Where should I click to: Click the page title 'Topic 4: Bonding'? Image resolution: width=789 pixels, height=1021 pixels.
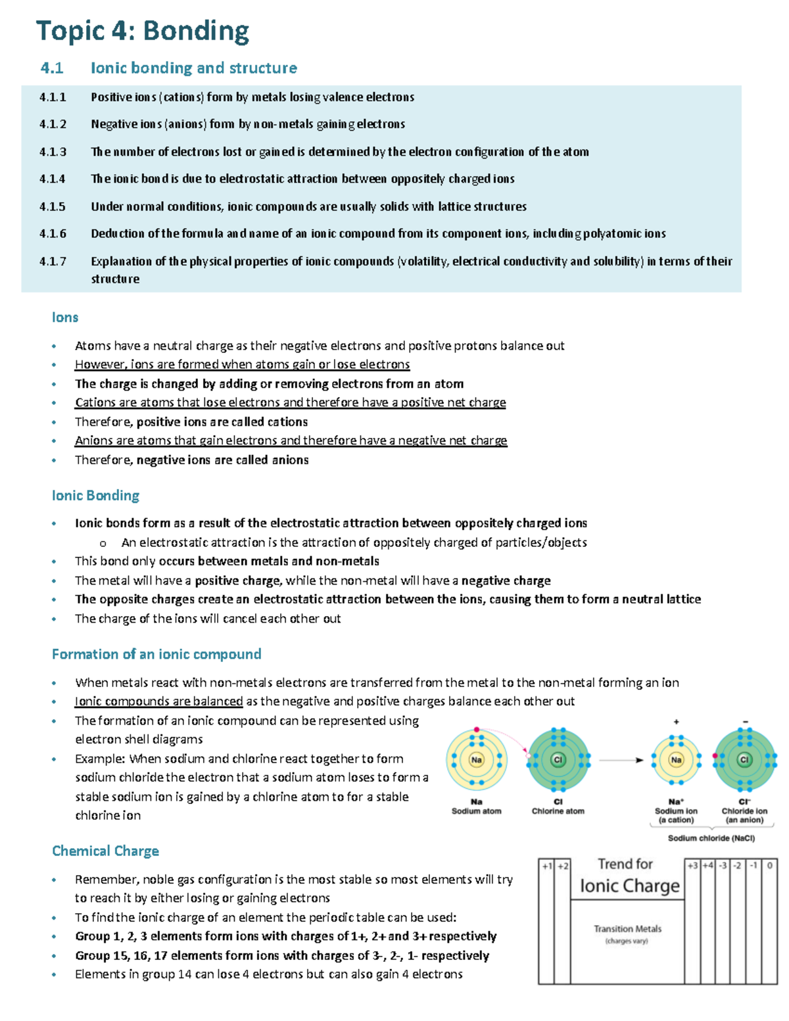tap(143, 31)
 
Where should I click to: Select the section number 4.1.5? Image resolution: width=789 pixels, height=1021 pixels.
tap(53, 206)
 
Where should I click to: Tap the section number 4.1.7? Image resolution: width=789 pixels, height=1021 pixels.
tap(53, 261)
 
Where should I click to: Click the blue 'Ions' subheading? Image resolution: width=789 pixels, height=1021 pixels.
tap(65, 317)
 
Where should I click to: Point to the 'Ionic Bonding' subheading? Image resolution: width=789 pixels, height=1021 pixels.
tap(95, 495)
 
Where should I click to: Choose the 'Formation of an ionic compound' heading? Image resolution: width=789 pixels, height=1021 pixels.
tap(156, 654)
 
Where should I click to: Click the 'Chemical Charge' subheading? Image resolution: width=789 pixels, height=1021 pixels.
tap(105, 851)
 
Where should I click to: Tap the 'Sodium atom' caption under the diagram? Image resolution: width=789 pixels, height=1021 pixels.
tap(476, 811)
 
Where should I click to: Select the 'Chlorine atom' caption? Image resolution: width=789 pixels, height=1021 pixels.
tap(558, 811)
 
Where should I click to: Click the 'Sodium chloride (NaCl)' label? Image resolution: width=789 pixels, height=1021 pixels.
tap(711, 838)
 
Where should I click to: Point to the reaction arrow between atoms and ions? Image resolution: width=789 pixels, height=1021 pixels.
tap(621, 760)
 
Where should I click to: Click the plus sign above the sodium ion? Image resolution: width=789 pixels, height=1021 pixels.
tap(676, 722)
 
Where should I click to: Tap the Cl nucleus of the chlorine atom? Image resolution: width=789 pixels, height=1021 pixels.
tap(558, 759)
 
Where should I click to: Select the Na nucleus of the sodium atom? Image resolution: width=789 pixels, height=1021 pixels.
tap(476, 759)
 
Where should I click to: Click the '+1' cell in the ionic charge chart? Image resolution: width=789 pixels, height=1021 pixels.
tap(546, 866)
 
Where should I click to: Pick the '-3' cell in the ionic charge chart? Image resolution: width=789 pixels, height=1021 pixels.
tap(723, 866)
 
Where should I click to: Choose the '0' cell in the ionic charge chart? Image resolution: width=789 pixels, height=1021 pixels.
tap(769, 866)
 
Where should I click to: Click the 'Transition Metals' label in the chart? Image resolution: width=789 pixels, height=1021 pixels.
tap(627, 929)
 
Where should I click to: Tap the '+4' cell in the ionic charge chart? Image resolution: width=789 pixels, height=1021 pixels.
tap(707, 866)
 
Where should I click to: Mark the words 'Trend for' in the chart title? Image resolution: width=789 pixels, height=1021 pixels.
tap(625, 864)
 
